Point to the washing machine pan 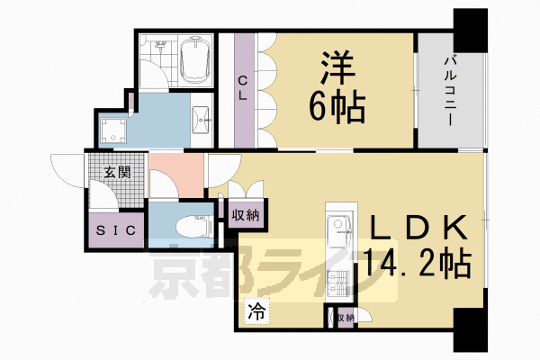coord(113,131)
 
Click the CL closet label coord(243,89)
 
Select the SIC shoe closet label coord(117,229)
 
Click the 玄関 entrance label coord(114,172)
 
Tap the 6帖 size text coord(338,109)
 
